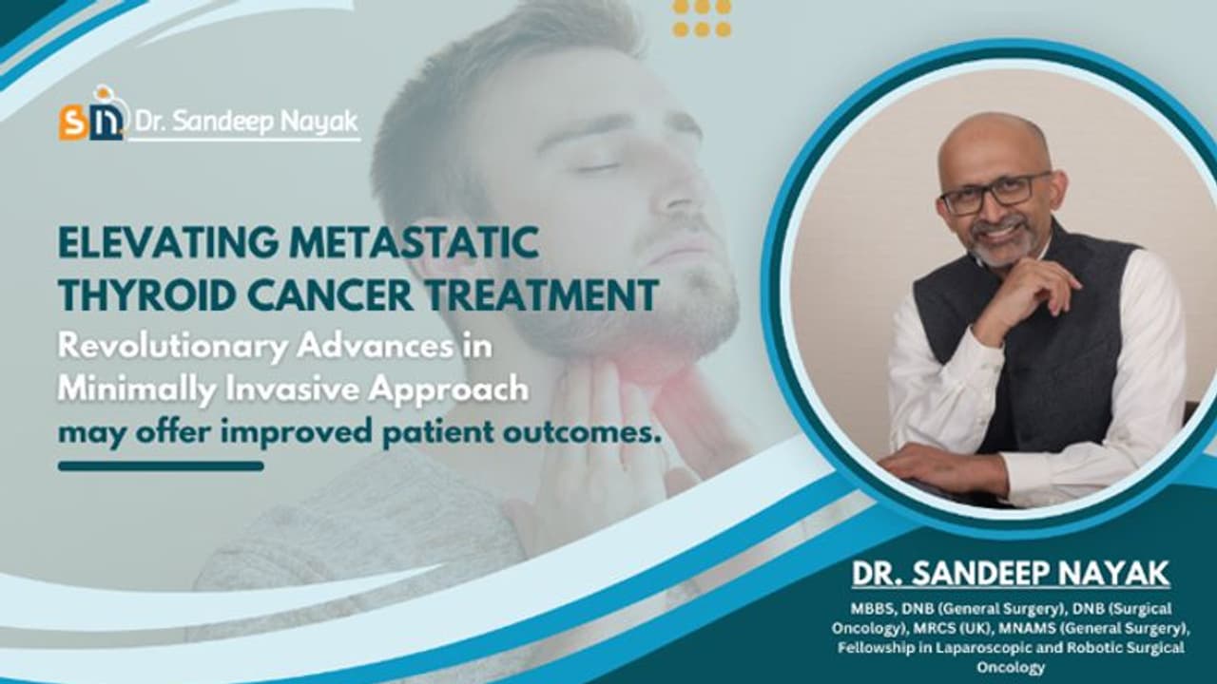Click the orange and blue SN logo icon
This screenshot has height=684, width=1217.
pyautogui.click(x=91, y=118)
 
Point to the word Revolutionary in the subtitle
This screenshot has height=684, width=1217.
pyautogui.click(x=172, y=347)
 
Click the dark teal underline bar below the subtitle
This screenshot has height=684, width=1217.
pyautogui.click(x=161, y=466)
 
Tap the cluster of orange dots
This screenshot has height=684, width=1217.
pyautogui.click(x=702, y=18)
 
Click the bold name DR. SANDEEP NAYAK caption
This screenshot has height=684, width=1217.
pyautogui.click(x=1011, y=575)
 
